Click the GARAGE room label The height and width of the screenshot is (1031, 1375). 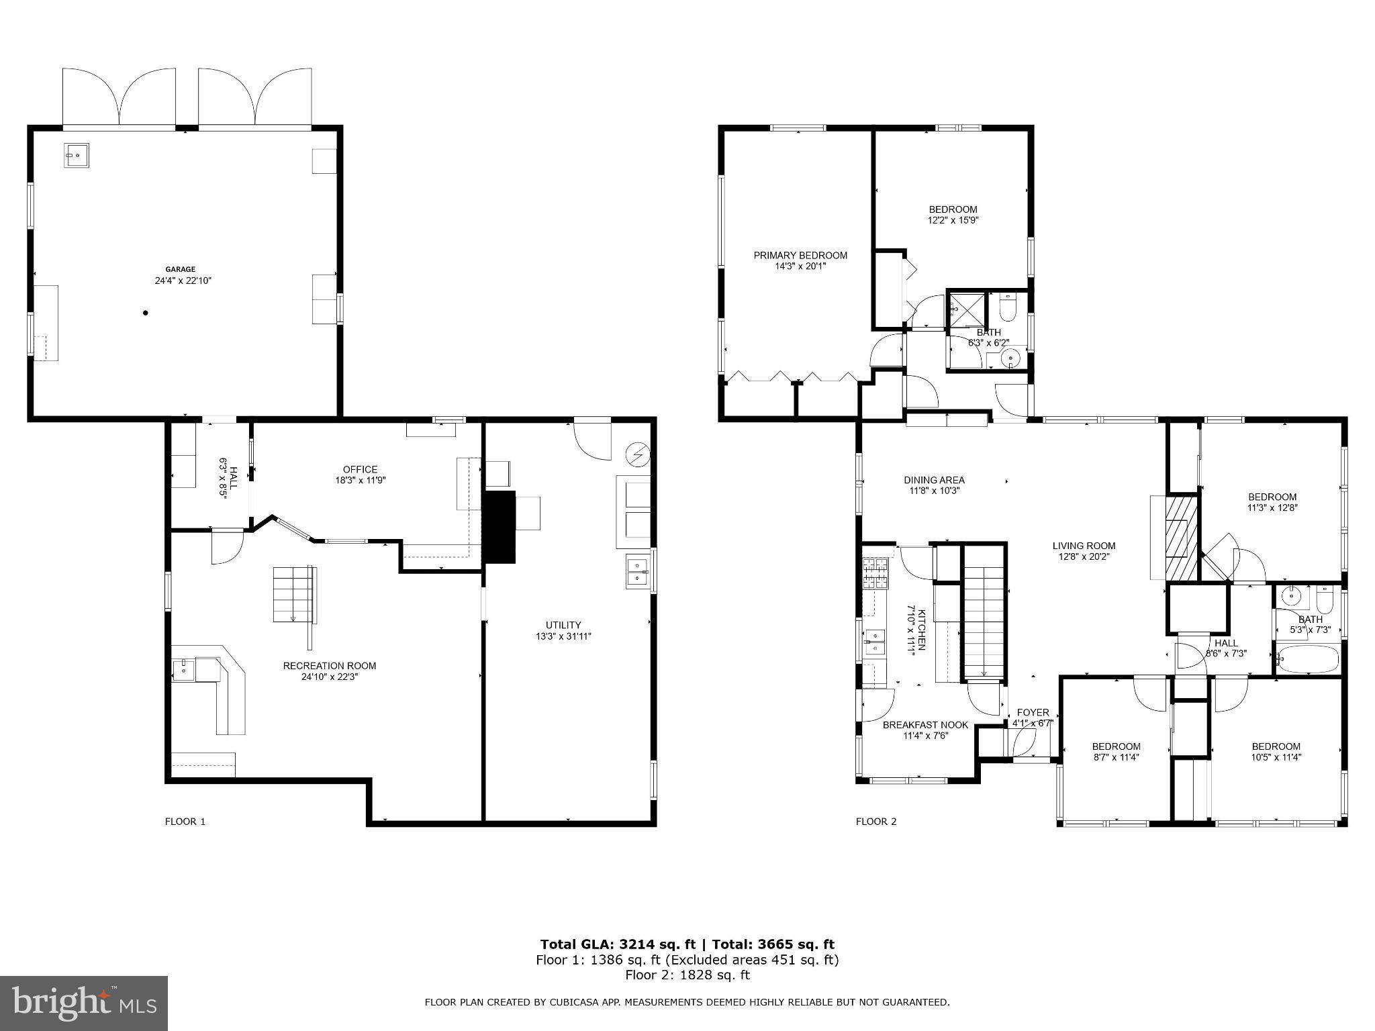point(181,269)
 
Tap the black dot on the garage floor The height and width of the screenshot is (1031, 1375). point(145,313)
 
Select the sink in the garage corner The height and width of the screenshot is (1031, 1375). point(78,155)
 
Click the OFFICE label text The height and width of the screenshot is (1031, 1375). point(360,469)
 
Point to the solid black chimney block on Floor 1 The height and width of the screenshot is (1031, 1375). point(500,527)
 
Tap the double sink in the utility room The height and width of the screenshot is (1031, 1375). point(637,571)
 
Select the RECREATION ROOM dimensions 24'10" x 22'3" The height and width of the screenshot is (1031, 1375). point(329,677)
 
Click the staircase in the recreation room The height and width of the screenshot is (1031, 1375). point(294,595)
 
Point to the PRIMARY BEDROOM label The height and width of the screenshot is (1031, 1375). point(800,255)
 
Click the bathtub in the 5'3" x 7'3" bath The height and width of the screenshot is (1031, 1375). point(1307,659)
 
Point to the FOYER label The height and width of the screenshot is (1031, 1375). point(1033,712)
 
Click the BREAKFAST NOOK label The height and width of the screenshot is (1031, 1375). point(925,725)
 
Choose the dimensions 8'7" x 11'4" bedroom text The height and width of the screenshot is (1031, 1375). point(1116,757)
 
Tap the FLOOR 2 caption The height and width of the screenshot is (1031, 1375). point(875,821)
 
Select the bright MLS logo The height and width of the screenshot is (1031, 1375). point(83,1003)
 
